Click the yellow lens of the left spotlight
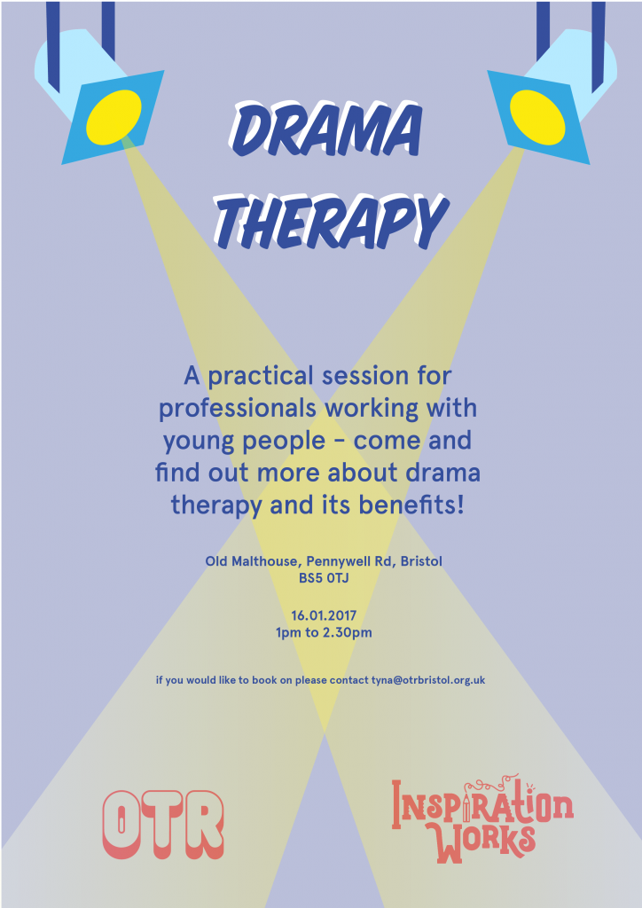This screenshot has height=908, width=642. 113,116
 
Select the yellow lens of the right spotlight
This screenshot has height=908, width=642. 537,116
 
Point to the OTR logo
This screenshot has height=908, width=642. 162,824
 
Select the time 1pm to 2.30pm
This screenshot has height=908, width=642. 323,632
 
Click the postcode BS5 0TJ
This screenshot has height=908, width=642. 323,577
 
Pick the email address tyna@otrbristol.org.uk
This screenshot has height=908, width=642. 427,680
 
